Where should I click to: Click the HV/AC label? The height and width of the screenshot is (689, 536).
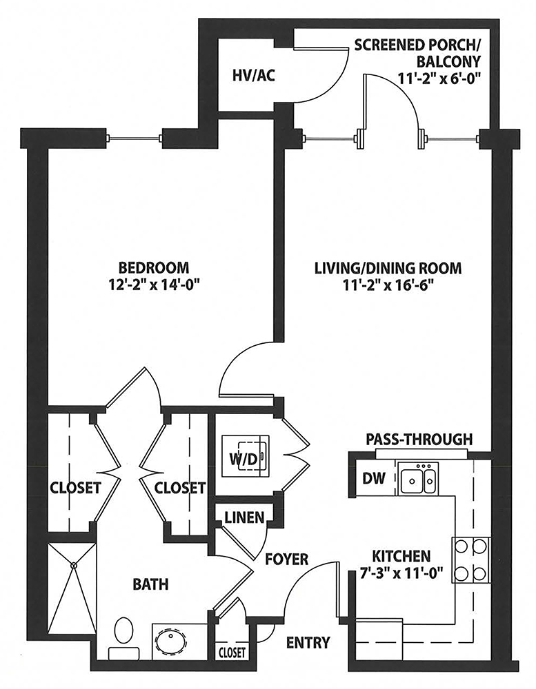(253, 75)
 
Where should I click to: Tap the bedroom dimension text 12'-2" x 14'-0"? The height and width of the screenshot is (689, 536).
(154, 286)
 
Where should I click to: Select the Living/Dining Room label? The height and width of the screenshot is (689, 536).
(388, 267)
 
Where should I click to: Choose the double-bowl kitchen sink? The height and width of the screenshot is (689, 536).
(417, 481)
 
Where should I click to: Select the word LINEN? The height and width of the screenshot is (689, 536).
(244, 517)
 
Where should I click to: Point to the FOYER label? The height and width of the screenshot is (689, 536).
(287, 559)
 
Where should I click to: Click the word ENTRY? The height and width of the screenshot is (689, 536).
(308, 643)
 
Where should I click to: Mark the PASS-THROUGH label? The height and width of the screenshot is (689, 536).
(419, 438)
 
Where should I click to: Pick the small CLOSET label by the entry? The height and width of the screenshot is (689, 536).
(232, 651)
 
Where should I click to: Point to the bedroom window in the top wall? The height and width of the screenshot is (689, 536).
(135, 138)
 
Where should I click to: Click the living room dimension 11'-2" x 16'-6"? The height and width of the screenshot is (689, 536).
(388, 286)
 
